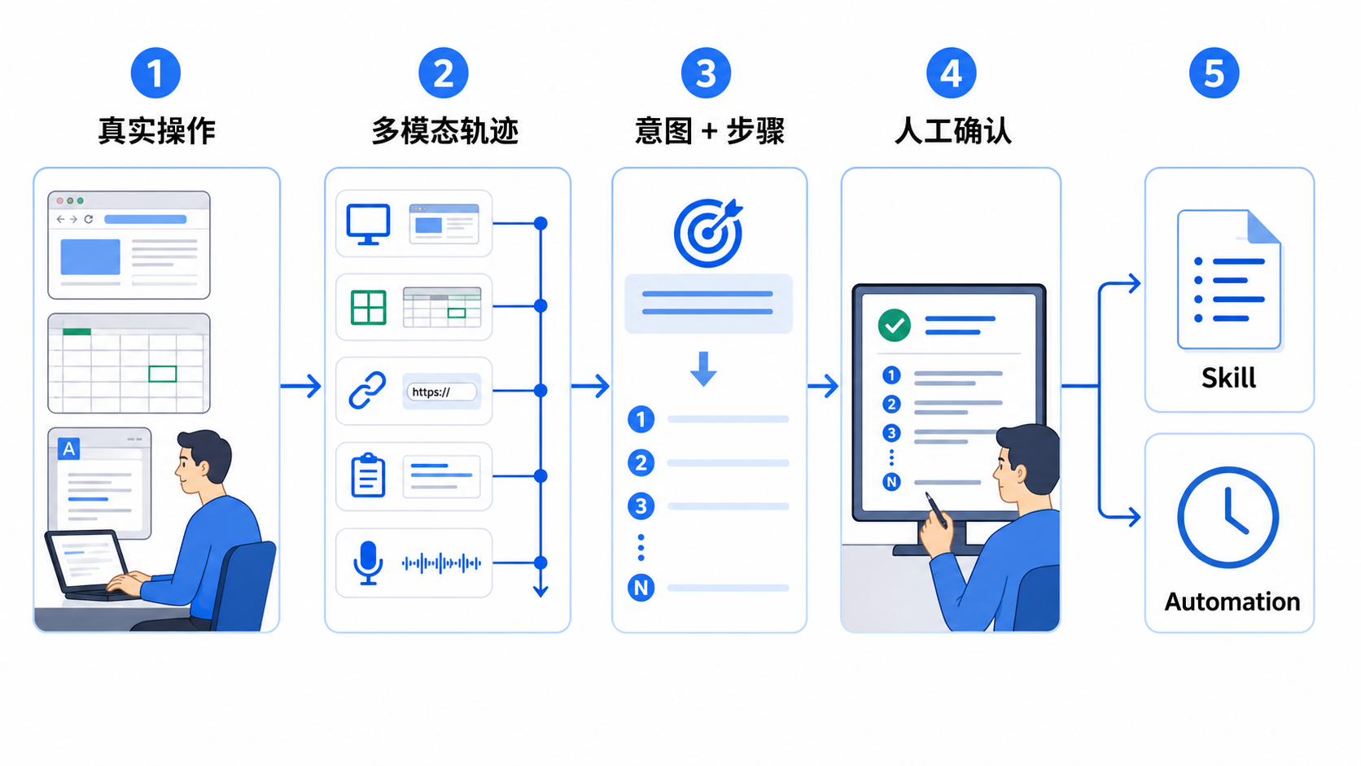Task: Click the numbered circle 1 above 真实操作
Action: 155,73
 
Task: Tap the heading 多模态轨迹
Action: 445,130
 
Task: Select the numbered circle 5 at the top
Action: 1214,73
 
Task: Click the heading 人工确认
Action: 952,130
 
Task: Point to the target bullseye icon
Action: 708,233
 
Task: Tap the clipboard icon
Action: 368,475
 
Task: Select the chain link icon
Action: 368,390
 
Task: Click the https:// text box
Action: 442,392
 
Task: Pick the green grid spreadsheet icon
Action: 368,308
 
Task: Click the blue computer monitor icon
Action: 368,224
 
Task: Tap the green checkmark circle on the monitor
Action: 895,326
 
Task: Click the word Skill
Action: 1228,378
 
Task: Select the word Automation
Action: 1232,602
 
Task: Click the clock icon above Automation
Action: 1228,518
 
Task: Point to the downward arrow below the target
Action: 703,369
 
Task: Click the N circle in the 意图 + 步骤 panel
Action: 641,588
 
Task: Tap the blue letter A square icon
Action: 68,449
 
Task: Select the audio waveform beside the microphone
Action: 442,563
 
